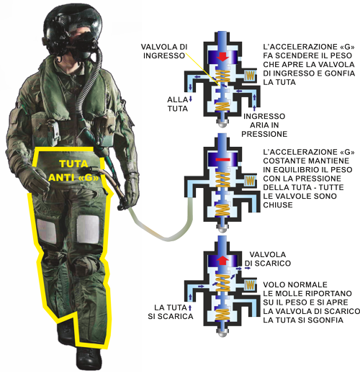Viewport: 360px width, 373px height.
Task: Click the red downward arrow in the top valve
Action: [222, 56]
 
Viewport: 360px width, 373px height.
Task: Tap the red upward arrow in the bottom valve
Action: [222, 260]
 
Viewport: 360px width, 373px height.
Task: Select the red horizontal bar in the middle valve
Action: [222, 159]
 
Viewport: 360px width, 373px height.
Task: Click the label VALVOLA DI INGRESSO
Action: [164, 51]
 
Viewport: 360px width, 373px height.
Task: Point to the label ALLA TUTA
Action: [178, 104]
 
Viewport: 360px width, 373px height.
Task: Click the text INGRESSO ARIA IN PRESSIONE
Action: [264, 125]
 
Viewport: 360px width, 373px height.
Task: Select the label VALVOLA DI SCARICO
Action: [268, 259]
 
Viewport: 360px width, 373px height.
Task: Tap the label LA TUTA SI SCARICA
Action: [171, 312]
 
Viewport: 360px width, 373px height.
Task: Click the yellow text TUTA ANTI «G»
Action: [73, 171]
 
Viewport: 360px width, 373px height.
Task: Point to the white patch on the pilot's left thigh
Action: [88, 229]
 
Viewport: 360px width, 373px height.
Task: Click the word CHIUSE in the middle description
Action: [278, 205]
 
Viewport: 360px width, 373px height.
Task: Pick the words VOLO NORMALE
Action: [295, 284]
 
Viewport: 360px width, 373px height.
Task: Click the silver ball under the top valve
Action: [222, 123]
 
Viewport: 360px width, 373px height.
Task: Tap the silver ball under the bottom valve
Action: [222, 333]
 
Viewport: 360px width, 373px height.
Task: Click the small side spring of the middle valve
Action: [250, 180]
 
